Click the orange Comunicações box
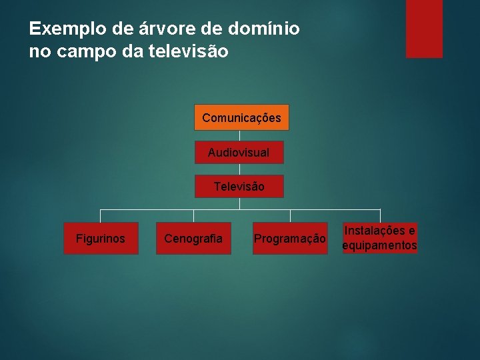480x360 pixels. (x=241, y=117)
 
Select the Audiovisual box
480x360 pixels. (x=239, y=153)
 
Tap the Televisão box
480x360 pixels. (x=239, y=187)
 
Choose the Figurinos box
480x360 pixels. (x=101, y=239)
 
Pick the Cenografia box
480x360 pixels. (x=193, y=239)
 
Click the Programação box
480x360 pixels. (x=290, y=239)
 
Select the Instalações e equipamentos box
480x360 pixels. (x=379, y=239)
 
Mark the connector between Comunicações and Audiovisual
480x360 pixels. (x=239, y=135)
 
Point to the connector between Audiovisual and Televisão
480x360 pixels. (x=239, y=169)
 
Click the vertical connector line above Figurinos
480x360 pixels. (x=101, y=216)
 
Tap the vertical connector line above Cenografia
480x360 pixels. (x=193, y=216)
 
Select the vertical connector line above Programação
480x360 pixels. (x=290, y=216)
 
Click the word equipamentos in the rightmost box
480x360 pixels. (x=379, y=246)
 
